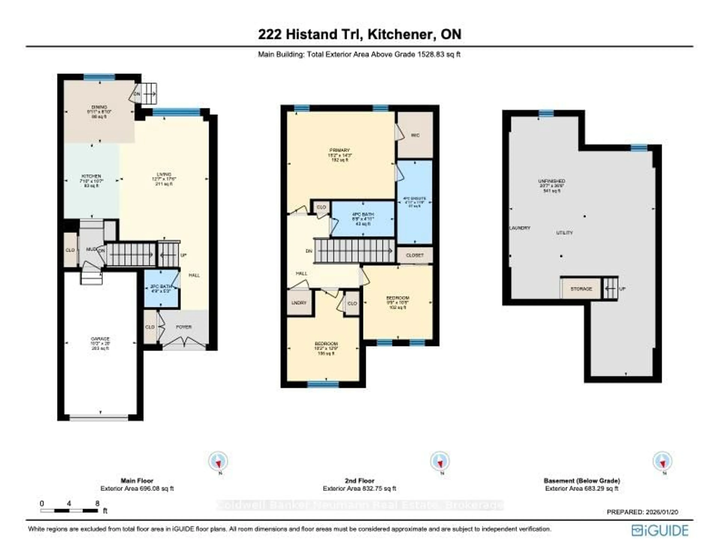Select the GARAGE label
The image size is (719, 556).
point(100,339)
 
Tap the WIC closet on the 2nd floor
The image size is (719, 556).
point(415,135)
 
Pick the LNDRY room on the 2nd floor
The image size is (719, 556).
point(299,303)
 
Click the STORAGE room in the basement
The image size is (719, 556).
point(581,289)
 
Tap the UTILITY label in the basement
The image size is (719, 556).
point(564,233)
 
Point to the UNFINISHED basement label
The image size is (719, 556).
point(552,181)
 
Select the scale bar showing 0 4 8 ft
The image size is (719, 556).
point(69,510)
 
